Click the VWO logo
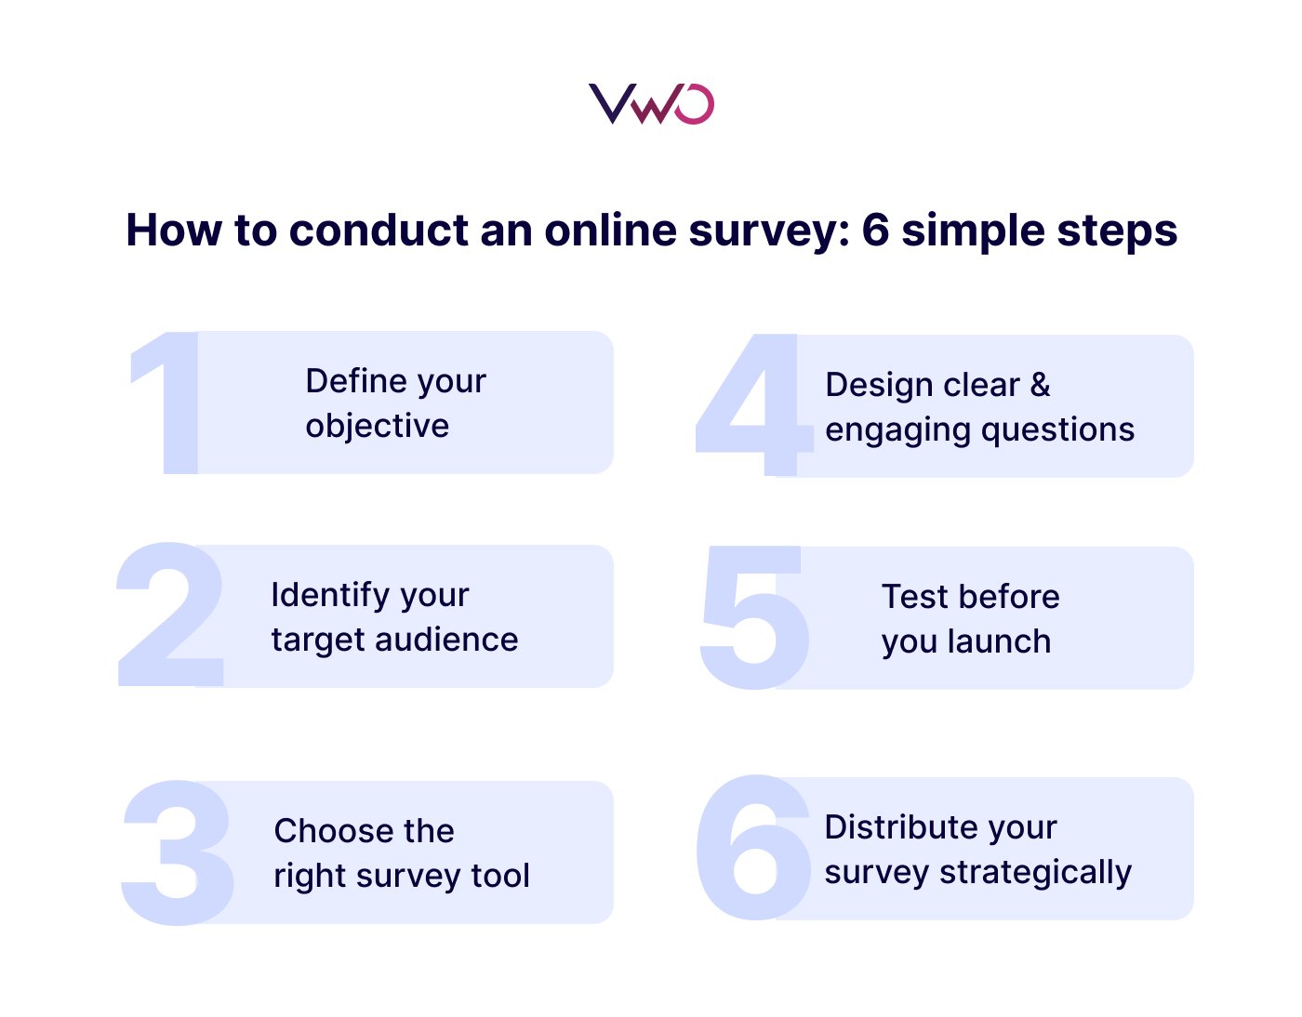(x=651, y=103)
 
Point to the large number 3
(x=177, y=852)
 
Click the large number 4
(x=753, y=406)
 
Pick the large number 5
(x=754, y=618)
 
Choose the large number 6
(x=752, y=848)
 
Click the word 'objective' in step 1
(x=378, y=426)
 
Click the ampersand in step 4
(x=1041, y=385)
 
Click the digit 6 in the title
(x=875, y=231)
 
